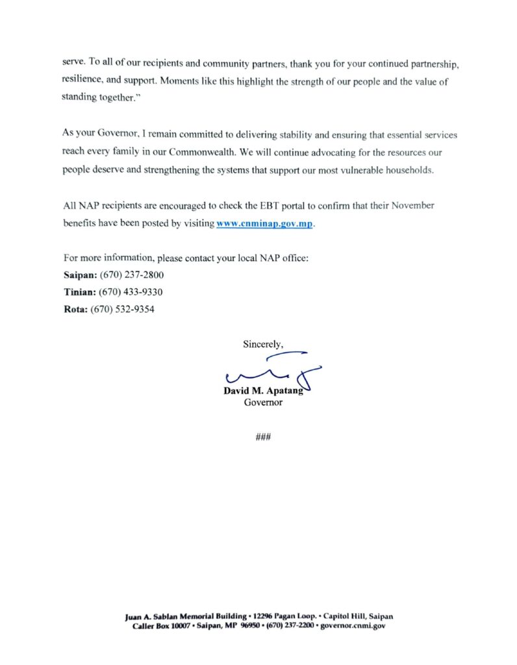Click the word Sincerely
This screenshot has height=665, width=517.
click(263, 344)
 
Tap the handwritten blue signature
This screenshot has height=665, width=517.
click(273, 370)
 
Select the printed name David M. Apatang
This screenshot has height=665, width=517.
click(262, 392)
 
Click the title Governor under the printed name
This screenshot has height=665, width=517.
click(263, 403)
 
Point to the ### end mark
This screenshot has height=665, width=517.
click(263, 436)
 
